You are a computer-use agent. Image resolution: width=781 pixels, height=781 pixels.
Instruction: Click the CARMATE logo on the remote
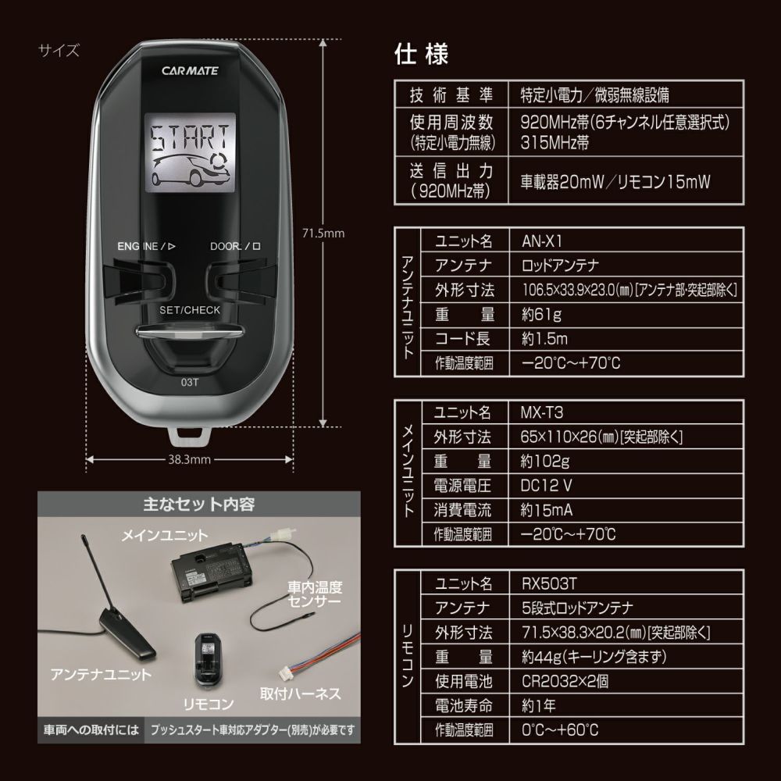[x=191, y=70]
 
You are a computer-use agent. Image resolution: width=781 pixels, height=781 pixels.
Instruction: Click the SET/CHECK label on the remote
[x=190, y=310]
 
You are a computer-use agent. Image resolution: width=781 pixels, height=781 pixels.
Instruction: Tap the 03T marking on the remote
[x=190, y=383]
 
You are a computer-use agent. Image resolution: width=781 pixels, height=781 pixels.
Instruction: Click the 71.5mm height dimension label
[x=323, y=233]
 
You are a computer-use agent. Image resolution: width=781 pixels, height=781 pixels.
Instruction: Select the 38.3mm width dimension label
[x=191, y=460]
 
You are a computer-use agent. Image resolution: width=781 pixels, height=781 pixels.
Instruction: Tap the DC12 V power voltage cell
[x=546, y=485]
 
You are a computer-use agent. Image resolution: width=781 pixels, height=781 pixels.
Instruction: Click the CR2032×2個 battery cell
[x=564, y=681]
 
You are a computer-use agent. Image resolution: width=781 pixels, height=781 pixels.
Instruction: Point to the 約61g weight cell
[x=540, y=315]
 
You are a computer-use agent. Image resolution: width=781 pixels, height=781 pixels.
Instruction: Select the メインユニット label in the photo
[x=165, y=536]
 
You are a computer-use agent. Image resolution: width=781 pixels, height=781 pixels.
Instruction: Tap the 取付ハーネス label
[x=300, y=693]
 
